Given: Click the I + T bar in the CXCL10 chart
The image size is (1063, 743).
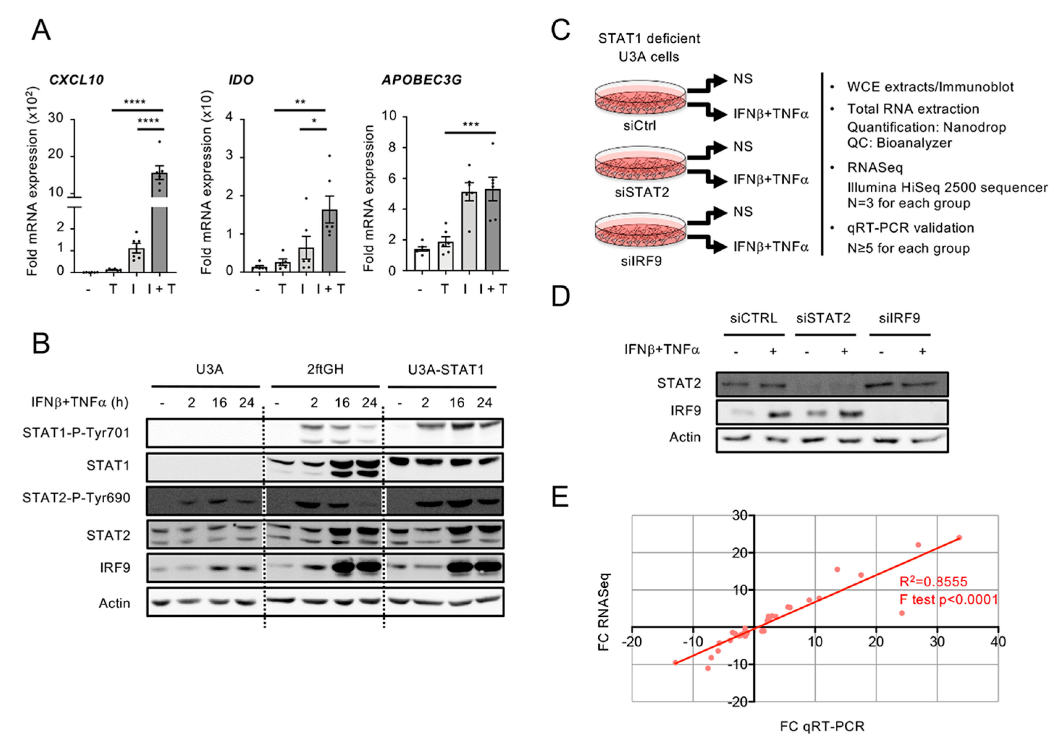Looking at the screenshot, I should (x=159, y=222).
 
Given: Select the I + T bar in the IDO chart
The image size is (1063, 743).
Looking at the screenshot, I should (x=330, y=241).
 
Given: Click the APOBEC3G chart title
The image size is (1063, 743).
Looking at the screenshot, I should (x=421, y=80).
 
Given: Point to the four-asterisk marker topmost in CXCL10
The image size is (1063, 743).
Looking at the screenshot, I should (x=135, y=102).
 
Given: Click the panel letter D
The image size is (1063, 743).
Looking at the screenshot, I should (x=561, y=296).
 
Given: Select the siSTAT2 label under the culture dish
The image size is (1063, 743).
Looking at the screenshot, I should (x=642, y=192).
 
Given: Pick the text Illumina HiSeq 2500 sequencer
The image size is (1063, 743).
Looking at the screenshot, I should (x=947, y=187).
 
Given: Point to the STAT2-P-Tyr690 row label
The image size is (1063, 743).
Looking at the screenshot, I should (x=76, y=498).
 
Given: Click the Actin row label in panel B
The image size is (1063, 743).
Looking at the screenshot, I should (x=114, y=603).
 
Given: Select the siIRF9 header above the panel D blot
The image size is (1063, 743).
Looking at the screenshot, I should (x=899, y=318).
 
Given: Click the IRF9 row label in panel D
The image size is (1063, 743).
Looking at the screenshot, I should (x=685, y=410).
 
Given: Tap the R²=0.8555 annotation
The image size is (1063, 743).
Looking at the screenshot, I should (x=933, y=582).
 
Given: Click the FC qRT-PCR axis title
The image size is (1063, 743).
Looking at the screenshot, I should (x=822, y=726).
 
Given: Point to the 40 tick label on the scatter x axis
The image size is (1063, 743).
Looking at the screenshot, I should (x=998, y=642).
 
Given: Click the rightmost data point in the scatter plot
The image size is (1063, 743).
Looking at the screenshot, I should (x=959, y=537).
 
